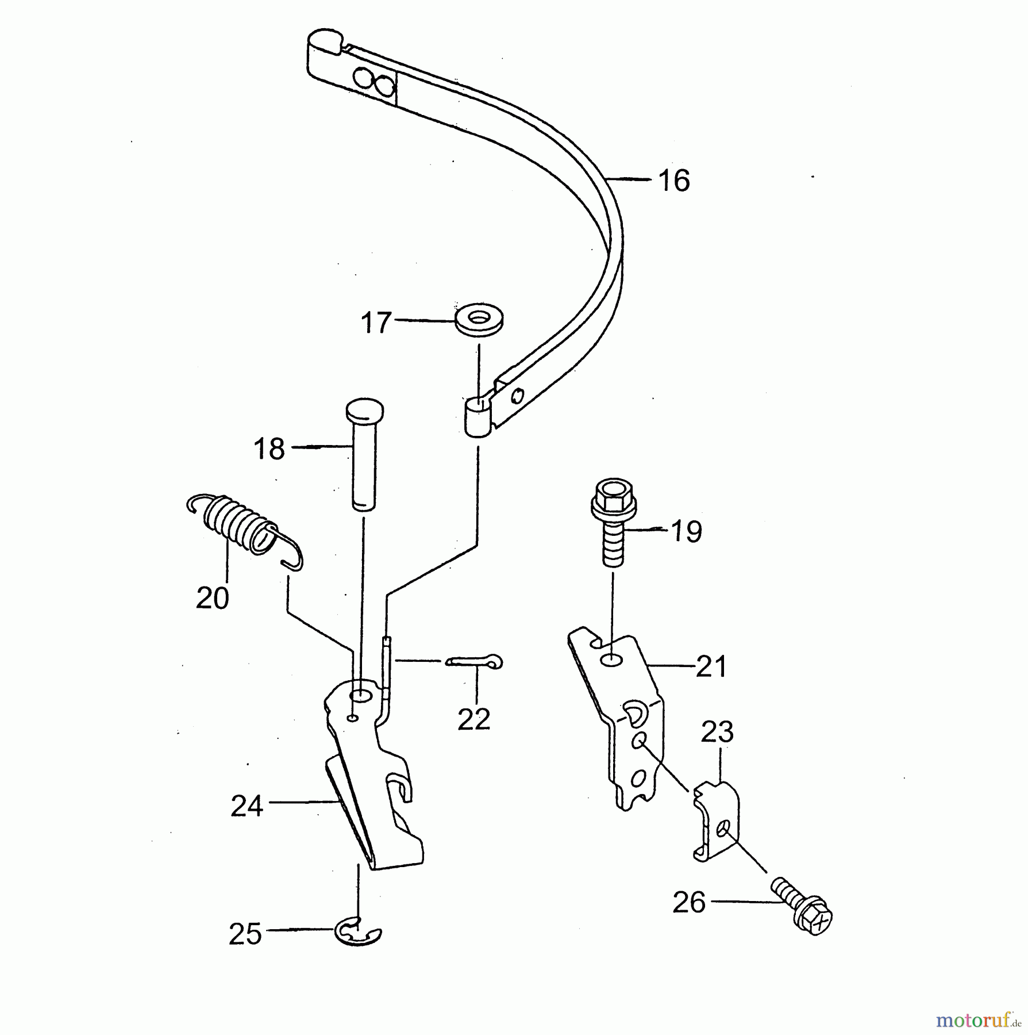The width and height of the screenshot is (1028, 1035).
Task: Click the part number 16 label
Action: [x=674, y=181]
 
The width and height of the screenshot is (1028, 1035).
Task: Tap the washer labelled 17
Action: [x=479, y=320]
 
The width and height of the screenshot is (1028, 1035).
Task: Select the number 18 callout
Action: [x=269, y=449]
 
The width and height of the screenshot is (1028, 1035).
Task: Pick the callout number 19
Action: [x=686, y=531]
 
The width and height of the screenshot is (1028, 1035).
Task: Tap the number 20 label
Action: [x=213, y=599]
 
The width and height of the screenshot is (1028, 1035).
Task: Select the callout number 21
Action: [x=711, y=667]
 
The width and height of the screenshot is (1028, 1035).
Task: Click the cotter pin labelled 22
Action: [x=476, y=662]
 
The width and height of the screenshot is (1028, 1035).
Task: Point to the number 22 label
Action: [x=474, y=719]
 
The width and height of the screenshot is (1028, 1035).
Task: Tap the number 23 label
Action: [x=717, y=733]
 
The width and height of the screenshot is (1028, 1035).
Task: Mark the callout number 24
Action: [x=247, y=806]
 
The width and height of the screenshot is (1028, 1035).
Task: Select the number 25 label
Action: [x=245, y=934]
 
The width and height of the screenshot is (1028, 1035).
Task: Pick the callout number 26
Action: [x=688, y=903]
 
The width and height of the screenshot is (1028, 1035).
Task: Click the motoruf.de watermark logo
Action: [x=977, y=1020]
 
